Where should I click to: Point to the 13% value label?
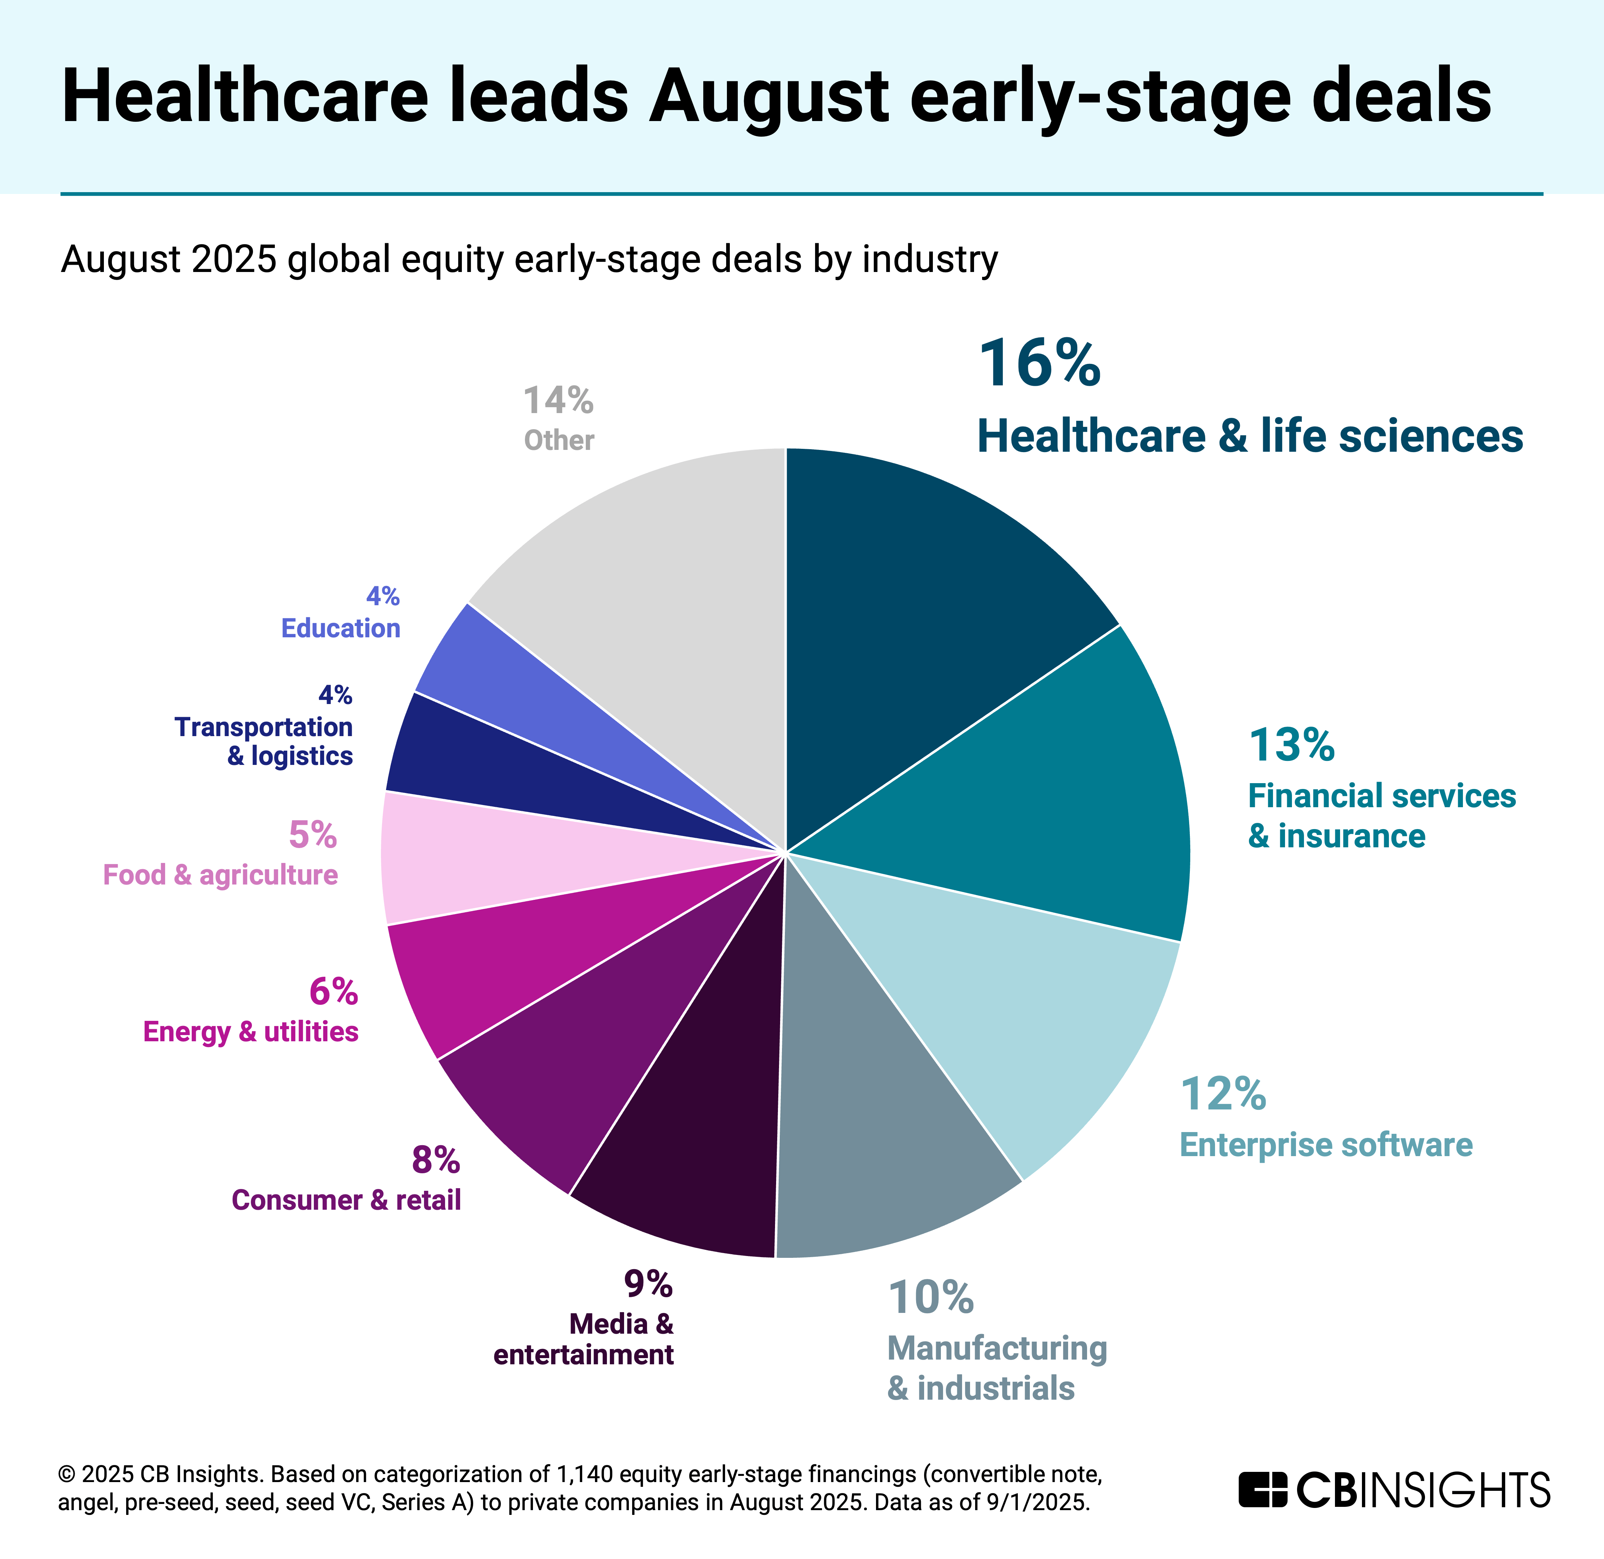tap(1291, 745)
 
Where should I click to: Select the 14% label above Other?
tap(558, 401)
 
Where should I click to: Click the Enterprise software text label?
tap(1325, 1145)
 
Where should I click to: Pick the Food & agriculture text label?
tap(220, 875)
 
